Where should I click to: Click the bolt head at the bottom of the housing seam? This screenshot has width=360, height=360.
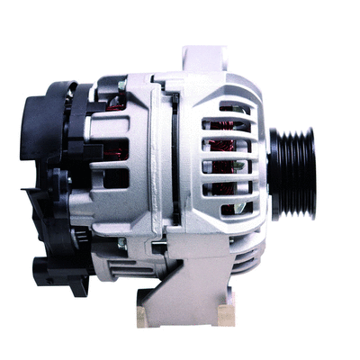[122, 243]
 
